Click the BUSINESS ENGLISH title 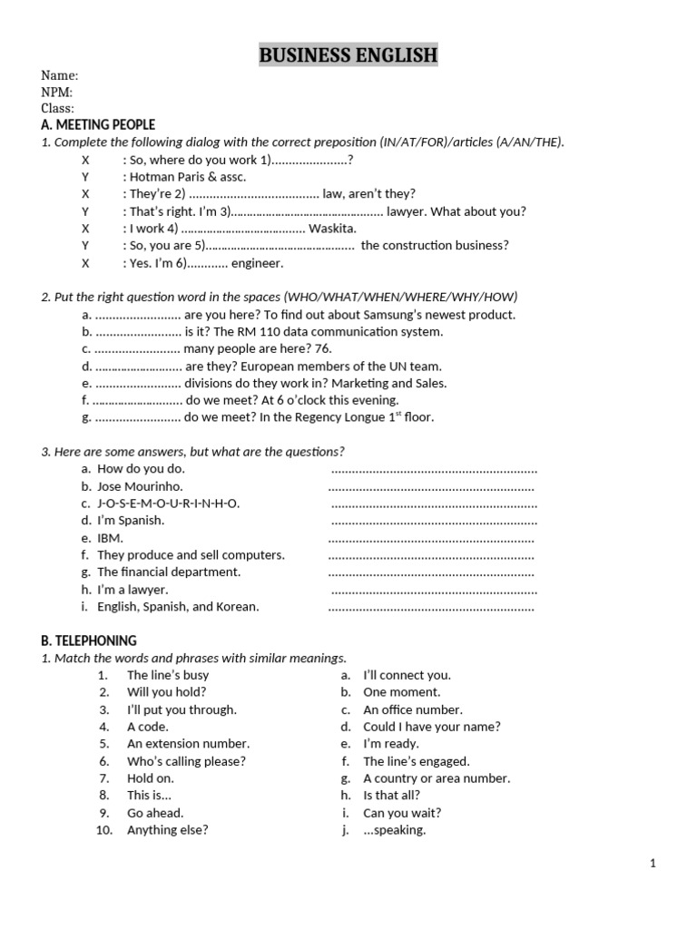[348, 55]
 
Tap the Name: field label [60, 75]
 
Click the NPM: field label [57, 92]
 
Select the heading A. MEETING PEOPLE [98, 125]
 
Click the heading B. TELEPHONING [89, 641]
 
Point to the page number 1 [653, 864]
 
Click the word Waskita [333, 229]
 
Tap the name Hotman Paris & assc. [188, 177]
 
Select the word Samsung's [399, 315]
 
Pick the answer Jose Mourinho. [140, 486]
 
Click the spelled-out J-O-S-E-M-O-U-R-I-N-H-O [169, 504]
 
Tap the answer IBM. [110, 538]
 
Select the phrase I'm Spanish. [131, 521]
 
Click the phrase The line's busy [168, 675]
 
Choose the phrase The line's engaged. [417, 762]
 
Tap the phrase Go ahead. [155, 813]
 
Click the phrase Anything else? [168, 830]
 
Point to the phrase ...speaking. [395, 830]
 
